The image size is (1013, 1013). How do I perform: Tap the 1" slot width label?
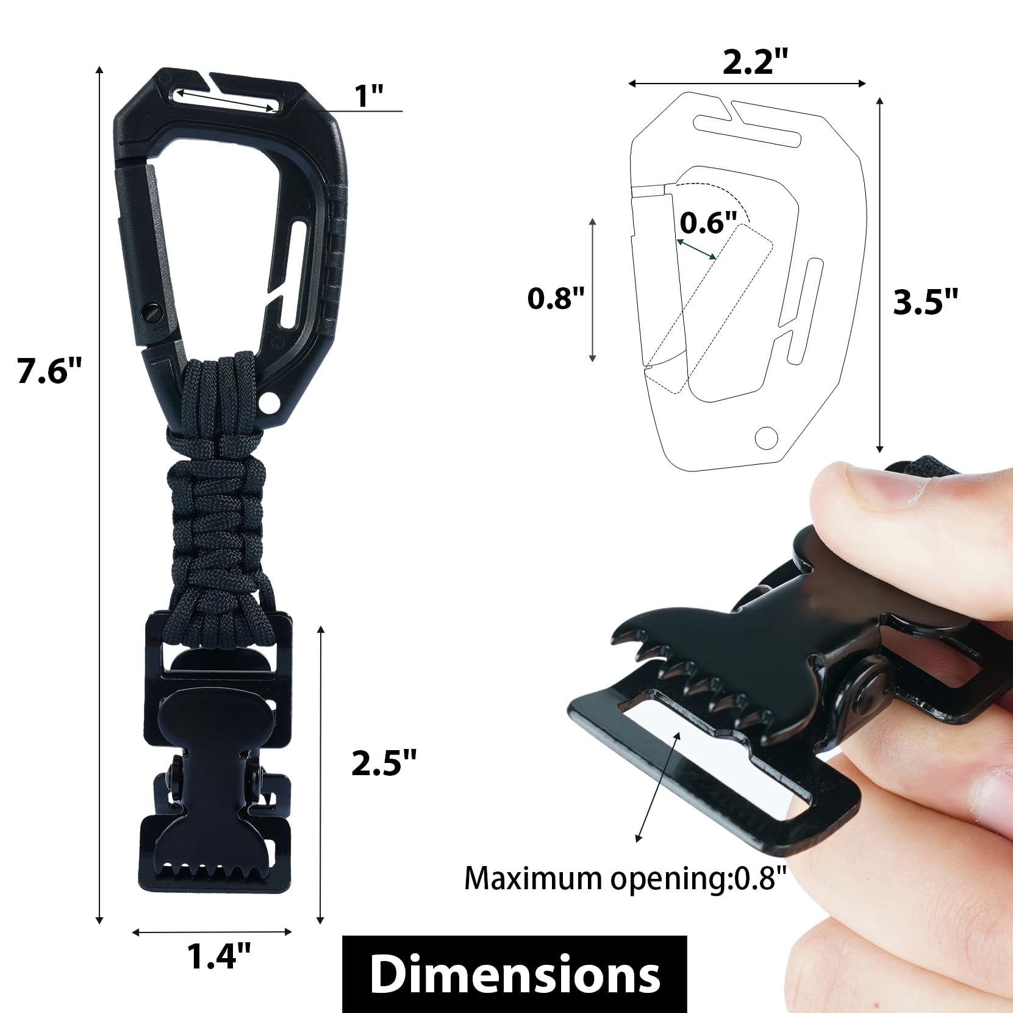(369, 96)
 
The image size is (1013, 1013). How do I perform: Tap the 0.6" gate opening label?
(708, 223)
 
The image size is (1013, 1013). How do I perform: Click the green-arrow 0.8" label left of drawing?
(556, 298)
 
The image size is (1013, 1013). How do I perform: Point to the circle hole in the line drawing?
(767, 437)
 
